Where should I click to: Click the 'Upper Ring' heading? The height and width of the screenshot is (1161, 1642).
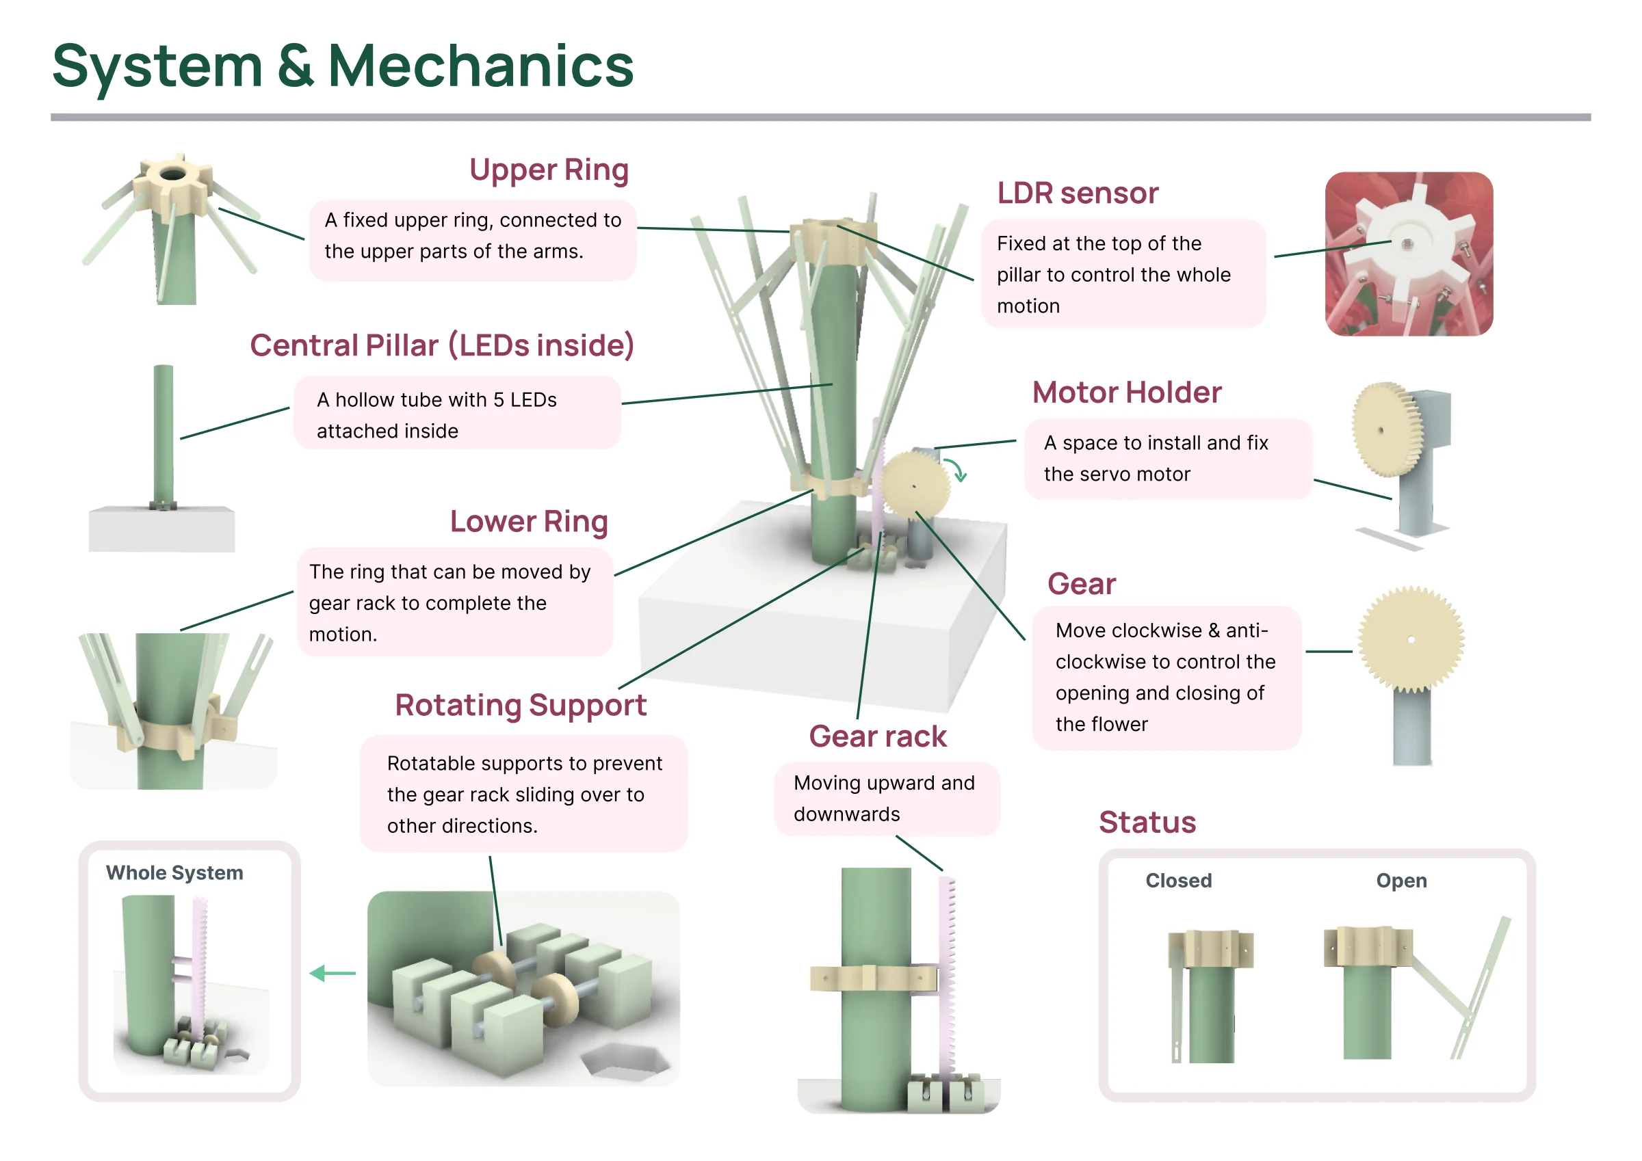[549, 170]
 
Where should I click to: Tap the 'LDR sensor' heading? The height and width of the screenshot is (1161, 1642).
[1077, 193]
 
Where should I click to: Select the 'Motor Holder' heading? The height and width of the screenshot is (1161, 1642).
[1126, 392]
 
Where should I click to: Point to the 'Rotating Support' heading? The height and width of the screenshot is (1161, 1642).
[521, 706]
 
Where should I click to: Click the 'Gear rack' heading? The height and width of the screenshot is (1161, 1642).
[878, 736]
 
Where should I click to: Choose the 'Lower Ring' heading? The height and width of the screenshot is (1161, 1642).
[528, 522]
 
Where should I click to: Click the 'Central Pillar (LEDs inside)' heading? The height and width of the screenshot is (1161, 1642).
[442, 346]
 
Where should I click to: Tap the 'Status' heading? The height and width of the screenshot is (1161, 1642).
[1147, 822]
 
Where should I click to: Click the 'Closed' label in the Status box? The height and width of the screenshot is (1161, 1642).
[1179, 880]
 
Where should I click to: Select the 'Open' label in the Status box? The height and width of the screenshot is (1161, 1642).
[1401, 881]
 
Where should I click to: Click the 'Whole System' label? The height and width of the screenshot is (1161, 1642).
[174, 873]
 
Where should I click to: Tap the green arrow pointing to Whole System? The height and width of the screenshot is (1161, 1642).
[333, 973]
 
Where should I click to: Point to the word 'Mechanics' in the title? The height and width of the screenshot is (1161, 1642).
[480, 66]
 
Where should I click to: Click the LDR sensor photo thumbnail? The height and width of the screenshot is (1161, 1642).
[1408, 254]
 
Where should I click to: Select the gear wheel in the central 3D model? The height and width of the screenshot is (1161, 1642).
[915, 485]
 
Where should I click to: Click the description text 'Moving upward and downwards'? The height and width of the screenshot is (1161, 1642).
[884, 799]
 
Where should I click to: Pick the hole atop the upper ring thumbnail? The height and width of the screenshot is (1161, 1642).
[172, 174]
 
